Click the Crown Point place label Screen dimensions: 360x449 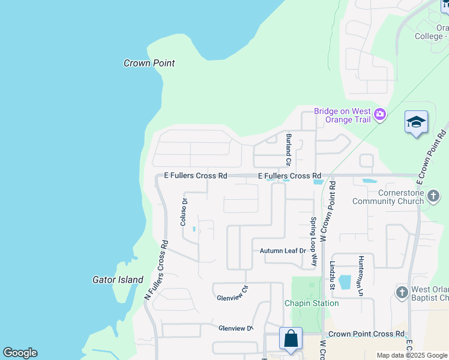(149, 63)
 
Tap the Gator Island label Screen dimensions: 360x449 (118, 280)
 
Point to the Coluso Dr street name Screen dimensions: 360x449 (184, 212)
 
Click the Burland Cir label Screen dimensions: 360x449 (288, 149)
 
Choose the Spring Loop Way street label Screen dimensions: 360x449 (313, 241)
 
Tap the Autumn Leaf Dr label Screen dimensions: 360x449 (283, 251)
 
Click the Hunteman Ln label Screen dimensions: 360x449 (361, 275)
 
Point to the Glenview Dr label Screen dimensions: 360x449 (236, 328)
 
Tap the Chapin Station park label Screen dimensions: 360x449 (312, 303)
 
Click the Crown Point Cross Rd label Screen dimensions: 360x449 (366, 334)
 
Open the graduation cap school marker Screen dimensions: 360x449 (416, 122)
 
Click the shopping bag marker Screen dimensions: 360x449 (291, 338)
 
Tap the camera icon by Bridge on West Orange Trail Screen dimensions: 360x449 (379, 115)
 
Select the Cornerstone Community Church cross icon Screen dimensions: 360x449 (434, 195)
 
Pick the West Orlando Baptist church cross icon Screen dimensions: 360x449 (402, 292)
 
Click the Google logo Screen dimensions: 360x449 (20, 353)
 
